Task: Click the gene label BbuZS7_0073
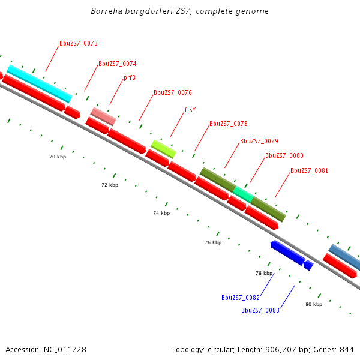(78, 44)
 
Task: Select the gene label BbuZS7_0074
(117, 64)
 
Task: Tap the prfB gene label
(130, 78)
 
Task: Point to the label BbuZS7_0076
(172, 92)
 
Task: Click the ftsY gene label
(190, 110)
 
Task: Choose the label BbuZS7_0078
(228, 124)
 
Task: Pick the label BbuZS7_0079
(259, 142)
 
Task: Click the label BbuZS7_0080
(284, 156)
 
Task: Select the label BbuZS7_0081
(309, 170)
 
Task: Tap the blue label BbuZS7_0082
(240, 298)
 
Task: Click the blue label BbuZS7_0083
(260, 310)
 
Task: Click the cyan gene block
(40, 83)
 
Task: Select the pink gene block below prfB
(103, 116)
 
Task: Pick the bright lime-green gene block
(163, 149)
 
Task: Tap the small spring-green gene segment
(243, 194)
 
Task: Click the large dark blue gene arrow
(287, 253)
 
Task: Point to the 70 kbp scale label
(58, 157)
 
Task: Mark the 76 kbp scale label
(213, 243)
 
